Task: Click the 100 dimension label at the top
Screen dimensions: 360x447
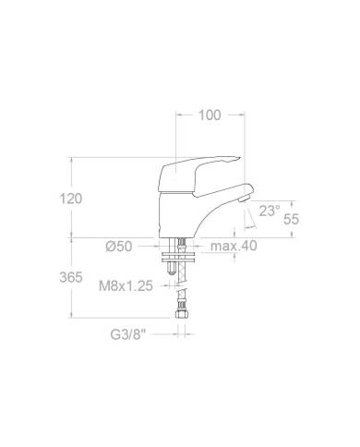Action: click(210, 115)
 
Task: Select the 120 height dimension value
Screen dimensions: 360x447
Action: click(71, 199)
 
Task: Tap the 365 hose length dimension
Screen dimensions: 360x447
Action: click(71, 277)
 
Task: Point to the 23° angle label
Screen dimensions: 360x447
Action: click(270, 211)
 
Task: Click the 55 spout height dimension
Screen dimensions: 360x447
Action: click(291, 219)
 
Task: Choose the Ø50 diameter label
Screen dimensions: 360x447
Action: click(119, 247)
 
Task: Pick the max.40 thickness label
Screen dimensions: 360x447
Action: click(234, 246)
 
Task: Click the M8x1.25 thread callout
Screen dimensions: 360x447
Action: click(126, 286)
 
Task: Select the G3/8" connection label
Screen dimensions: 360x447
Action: click(127, 334)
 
